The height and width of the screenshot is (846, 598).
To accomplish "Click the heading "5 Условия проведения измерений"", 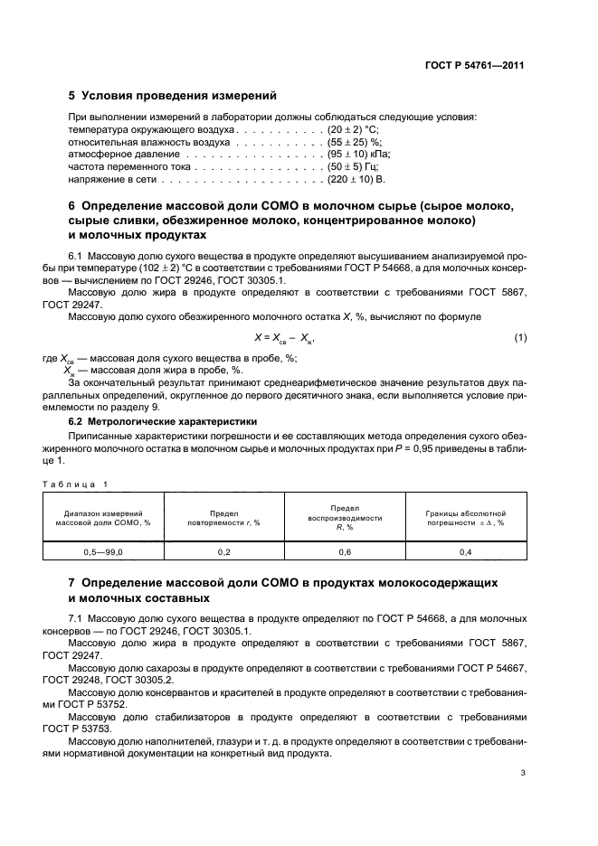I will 173,96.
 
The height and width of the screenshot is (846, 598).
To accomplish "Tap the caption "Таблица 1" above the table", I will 75,484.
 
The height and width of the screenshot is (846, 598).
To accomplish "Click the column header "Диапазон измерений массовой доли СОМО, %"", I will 102,517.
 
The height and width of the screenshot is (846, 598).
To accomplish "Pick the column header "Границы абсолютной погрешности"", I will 465,517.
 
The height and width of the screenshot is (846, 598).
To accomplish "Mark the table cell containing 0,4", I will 465,550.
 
